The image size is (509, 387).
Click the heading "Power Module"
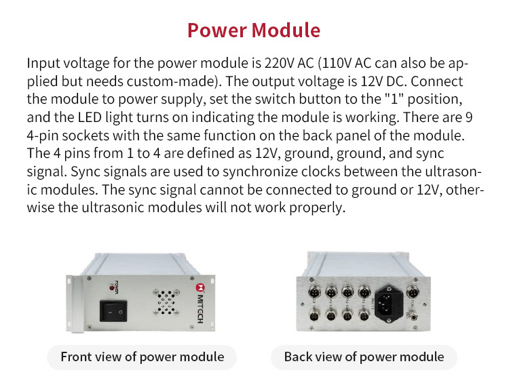254,30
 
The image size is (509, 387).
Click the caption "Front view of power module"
142,357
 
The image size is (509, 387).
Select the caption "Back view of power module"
364,357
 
